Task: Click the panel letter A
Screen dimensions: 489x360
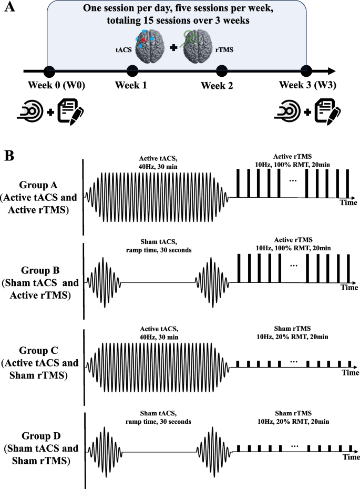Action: pos(8,9)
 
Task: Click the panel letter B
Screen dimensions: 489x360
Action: pos(8,156)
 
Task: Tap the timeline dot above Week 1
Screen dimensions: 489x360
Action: pos(132,70)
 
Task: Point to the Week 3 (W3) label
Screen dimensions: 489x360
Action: pos(305,86)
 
